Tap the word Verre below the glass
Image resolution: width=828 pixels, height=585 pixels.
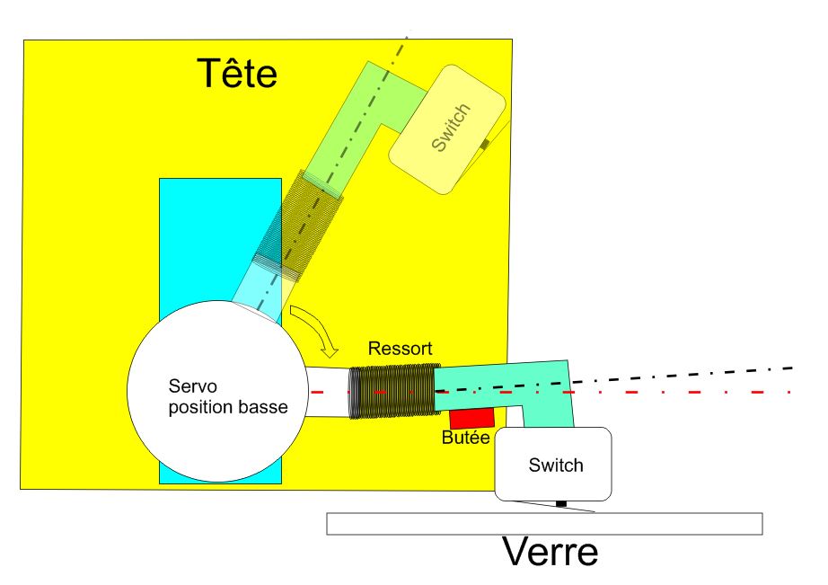tap(549, 552)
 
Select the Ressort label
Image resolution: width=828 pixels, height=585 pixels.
tap(400, 349)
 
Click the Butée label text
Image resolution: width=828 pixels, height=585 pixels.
tap(465, 439)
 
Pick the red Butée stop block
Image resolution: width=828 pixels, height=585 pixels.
tap(472, 418)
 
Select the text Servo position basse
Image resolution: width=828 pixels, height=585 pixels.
tap(228, 396)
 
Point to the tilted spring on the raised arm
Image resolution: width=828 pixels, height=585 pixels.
tap(296, 220)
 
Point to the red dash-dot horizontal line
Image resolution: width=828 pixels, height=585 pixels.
tap(700, 393)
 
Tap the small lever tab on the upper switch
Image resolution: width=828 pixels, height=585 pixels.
tap(485, 144)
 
